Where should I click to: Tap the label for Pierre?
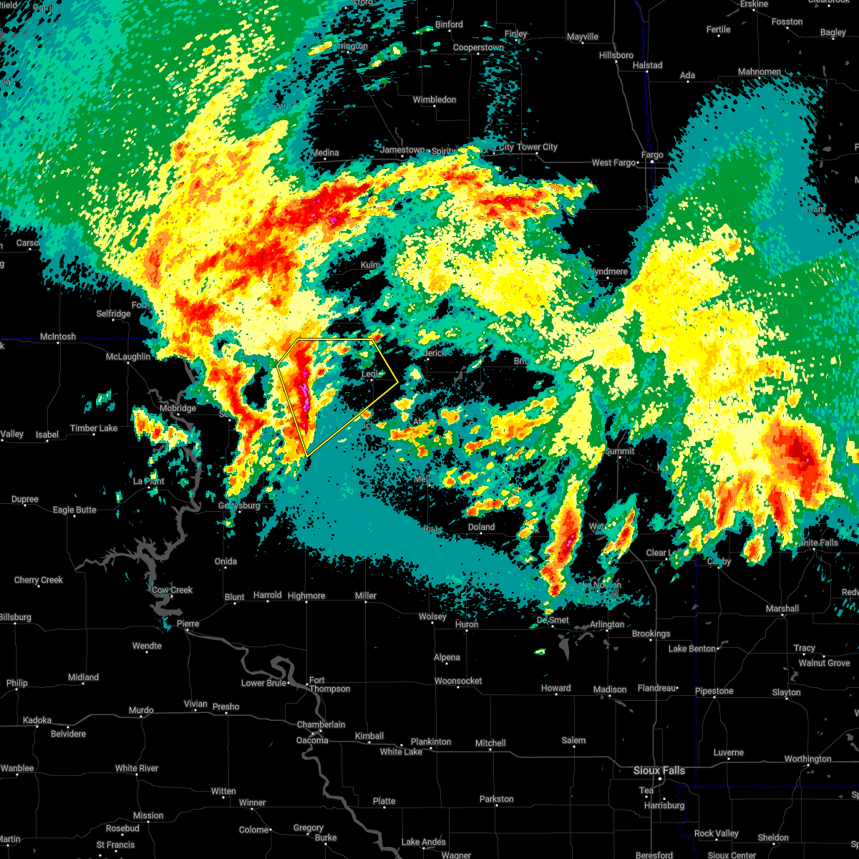[x=188, y=624]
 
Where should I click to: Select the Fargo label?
[x=652, y=155]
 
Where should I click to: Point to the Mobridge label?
[x=177, y=408]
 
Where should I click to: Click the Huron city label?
[x=467, y=624]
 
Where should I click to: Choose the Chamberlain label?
[x=321, y=724]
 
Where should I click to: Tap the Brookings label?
[x=651, y=634]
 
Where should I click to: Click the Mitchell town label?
[x=490, y=743]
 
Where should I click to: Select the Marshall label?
[x=782, y=608]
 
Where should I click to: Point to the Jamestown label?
[x=402, y=150]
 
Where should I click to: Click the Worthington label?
[x=807, y=759]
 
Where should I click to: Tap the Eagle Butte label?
[x=74, y=510]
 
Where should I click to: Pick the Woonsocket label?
[x=458, y=681]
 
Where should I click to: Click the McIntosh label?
[x=58, y=336]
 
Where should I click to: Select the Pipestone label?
[x=714, y=691]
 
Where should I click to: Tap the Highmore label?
[x=306, y=596]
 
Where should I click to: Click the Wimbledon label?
[x=434, y=100]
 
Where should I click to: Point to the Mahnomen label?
[x=759, y=72]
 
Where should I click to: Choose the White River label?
[x=137, y=768]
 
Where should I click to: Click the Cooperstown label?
[x=478, y=47]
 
